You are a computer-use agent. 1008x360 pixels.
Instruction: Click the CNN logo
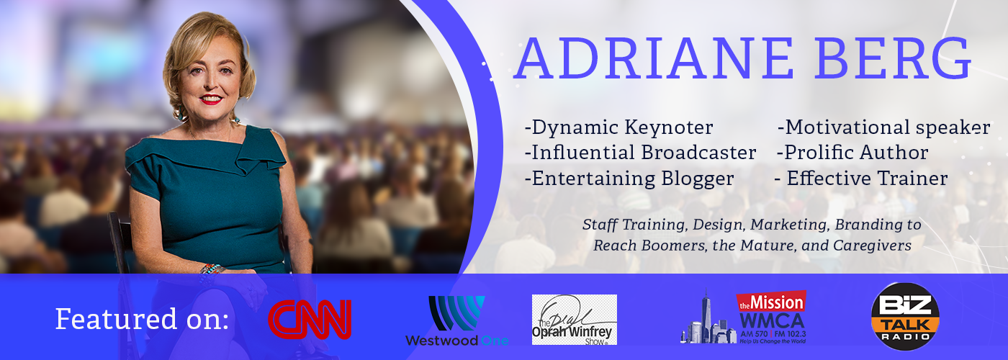[x=310, y=320]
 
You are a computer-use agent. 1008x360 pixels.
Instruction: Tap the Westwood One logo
[x=456, y=321]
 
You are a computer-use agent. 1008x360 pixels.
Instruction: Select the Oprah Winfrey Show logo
[x=575, y=320]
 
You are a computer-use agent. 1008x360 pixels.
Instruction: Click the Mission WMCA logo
[x=743, y=318]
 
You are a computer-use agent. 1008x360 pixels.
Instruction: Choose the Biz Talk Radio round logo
[x=905, y=316]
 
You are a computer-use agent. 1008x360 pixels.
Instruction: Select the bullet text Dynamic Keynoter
[x=619, y=127]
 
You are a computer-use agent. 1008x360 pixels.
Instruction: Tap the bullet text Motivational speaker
[x=884, y=128]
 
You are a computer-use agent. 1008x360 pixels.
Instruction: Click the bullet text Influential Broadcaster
[x=640, y=153]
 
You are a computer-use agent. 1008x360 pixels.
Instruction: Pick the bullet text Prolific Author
[x=852, y=153]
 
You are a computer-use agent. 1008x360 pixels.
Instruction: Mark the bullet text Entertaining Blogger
[x=629, y=179]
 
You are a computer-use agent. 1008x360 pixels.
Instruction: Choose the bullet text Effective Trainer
[x=861, y=179]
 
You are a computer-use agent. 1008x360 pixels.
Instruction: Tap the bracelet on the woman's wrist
[x=212, y=270]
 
